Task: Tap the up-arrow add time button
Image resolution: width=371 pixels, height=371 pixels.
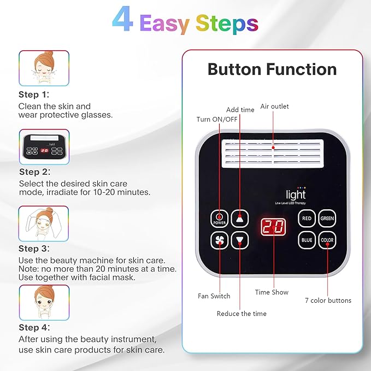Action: click(239, 219)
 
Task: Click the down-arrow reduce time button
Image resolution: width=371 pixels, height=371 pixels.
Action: click(239, 240)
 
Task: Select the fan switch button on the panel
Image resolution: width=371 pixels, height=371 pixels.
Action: click(219, 240)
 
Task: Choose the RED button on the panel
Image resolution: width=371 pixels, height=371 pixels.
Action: click(307, 219)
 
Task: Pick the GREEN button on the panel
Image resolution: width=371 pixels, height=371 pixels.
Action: click(327, 219)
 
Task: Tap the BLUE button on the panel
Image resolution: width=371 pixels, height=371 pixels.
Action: click(307, 240)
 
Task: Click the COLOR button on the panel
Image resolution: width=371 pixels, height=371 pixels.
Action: click(327, 240)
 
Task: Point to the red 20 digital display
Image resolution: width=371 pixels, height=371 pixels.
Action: click(272, 228)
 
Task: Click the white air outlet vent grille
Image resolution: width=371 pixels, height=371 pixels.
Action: click(273, 152)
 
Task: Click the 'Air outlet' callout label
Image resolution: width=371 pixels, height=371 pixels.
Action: click(274, 107)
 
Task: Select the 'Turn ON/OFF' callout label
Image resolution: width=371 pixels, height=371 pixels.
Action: click(216, 120)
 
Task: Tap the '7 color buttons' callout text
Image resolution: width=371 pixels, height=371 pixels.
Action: click(328, 300)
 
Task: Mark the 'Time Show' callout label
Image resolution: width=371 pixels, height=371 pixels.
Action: click(272, 292)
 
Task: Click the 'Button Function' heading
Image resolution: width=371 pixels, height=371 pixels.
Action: click(272, 69)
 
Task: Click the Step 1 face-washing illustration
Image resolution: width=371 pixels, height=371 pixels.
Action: click(44, 68)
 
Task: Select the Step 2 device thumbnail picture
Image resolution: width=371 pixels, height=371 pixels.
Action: click(44, 147)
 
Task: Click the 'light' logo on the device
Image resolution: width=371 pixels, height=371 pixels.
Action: click(296, 195)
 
